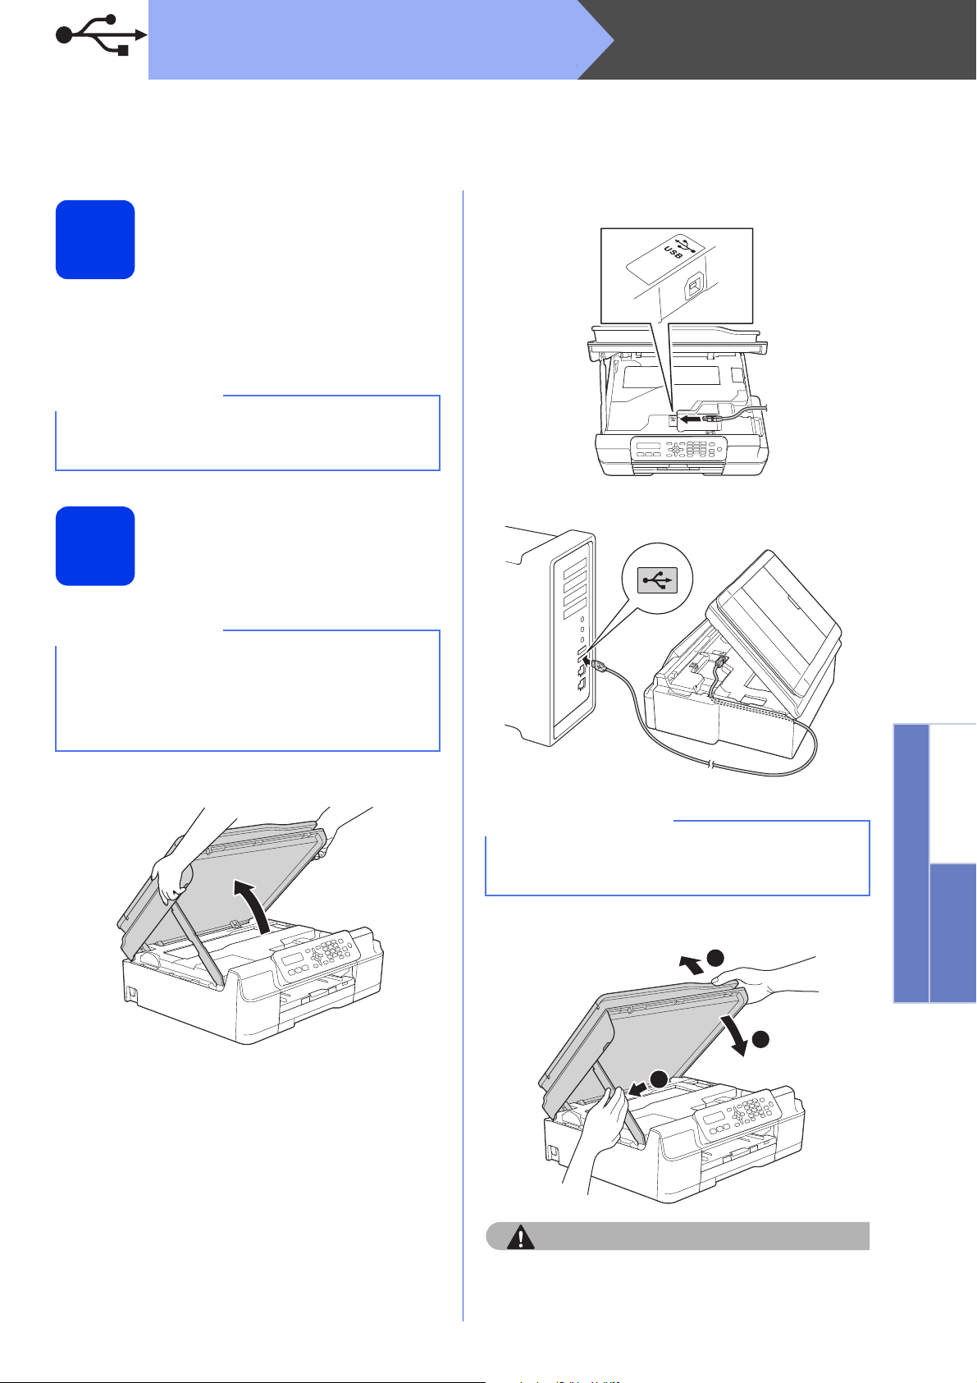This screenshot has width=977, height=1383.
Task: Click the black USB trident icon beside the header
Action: pyautogui.click(x=101, y=35)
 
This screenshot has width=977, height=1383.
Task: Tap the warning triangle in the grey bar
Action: pyautogui.click(x=520, y=1237)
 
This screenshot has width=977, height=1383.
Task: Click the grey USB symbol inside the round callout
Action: pyautogui.click(x=657, y=579)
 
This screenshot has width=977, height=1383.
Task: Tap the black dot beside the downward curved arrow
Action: pyautogui.click(x=760, y=1039)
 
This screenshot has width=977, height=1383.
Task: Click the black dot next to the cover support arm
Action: pyautogui.click(x=659, y=1078)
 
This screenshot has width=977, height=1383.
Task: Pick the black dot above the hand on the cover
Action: pyautogui.click(x=715, y=958)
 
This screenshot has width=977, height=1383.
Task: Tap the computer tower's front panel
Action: pyautogui.click(x=573, y=638)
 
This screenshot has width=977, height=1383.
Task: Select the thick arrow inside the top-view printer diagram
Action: pyautogui.click(x=692, y=419)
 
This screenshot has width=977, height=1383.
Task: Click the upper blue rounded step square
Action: pyautogui.click(x=95, y=240)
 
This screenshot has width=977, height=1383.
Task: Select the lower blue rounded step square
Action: pyautogui.click(x=95, y=546)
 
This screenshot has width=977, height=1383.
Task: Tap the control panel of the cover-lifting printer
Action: pyautogui.click(x=316, y=956)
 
